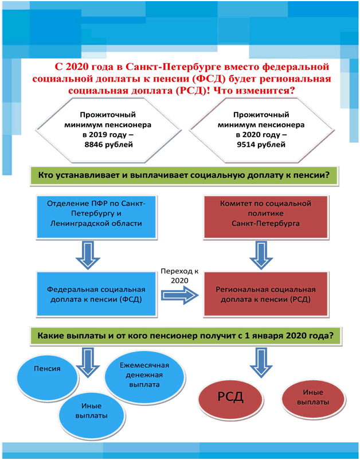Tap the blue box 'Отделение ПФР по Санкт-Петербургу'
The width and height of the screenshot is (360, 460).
[96, 216]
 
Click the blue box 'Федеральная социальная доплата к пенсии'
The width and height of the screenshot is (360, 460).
[96, 294]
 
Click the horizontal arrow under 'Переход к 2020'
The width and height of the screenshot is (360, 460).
[179, 295]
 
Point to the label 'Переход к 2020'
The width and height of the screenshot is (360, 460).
[179, 276]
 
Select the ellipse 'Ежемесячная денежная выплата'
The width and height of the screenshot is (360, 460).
[144, 376]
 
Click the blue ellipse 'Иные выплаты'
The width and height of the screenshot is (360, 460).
[92, 411]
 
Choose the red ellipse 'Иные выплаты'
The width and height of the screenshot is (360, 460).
[313, 398]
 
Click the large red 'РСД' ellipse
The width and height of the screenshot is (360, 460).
[230, 398]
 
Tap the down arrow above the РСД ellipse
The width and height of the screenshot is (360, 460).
[261, 363]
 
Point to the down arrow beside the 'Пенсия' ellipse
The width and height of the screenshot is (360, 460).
[88, 363]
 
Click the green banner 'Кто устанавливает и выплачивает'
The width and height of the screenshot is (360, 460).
[185, 176]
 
